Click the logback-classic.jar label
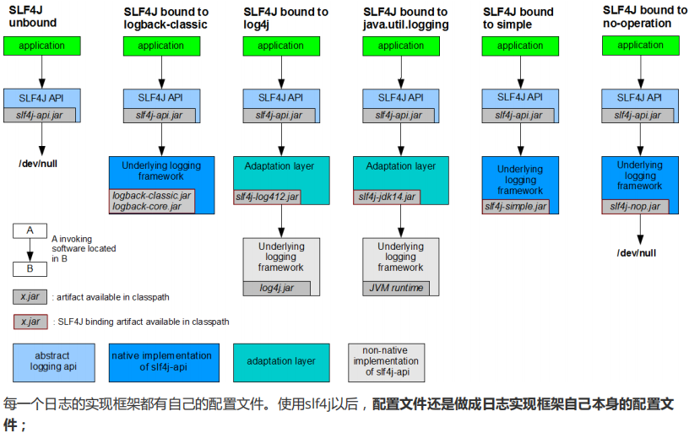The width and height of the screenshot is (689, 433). pyautogui.click(x=152, y=195)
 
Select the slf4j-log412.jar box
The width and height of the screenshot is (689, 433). pyautogui.click(x=266, y=198)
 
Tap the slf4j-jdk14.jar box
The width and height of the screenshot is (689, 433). pyautogui.click(x=387, y=198)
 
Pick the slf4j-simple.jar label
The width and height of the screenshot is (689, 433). pyautogui.click(x=515, y=206)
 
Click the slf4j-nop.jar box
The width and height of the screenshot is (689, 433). pyautogui.click(x=635, y=206)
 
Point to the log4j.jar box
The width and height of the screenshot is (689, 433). pyautogui.click(x=276, y=289)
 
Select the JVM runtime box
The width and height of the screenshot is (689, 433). pyautogui.click(x=397, y=289)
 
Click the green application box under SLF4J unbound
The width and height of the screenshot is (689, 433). pyautogui.click(x=41, y=46)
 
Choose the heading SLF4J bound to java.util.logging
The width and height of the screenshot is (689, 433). pyautogui.click(x=406, y=18)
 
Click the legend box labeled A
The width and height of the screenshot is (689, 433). pyautogui.click(x=30, y=230)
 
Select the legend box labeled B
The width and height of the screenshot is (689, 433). pyautogui.click(x=30, y=269)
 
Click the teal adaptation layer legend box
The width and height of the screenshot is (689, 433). pyautogui.click(x=281, y=361)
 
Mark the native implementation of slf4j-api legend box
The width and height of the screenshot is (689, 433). pyautogui.click(x=164, y=361)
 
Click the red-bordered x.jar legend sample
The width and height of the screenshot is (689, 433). pyautogui.click(x=31, y=322)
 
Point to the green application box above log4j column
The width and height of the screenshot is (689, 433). pyautogui.click(x=281, y=46)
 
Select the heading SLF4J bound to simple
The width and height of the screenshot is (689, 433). pyautogui.click(x=518, y=18)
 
